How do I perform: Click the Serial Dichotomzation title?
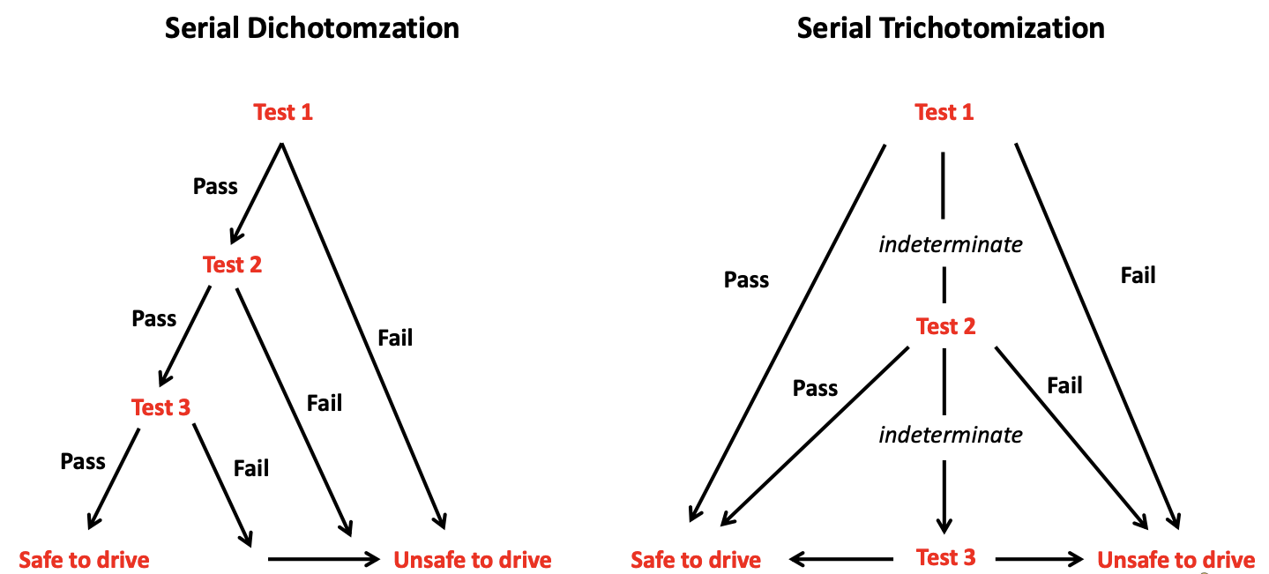(311, 28)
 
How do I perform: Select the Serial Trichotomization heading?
(951, 28)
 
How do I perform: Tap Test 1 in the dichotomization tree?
(283, 112)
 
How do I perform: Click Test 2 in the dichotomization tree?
(232, 265)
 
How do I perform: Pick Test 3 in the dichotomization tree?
(160, 407)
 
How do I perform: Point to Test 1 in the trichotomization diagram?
(944, 112)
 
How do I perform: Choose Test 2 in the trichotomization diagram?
(946, 326)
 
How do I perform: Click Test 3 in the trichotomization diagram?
(946, 557)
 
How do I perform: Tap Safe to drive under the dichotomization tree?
(85, 560)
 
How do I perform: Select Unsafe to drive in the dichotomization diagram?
(473, 560)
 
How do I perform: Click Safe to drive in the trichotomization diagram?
(696, 560)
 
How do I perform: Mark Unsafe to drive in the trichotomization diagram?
(1176, 560)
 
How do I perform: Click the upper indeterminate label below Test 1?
(951, 245)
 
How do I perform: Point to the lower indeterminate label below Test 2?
(951, 436)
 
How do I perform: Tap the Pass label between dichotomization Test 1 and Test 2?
(215, 186)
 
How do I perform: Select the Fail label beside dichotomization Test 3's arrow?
(251, 468)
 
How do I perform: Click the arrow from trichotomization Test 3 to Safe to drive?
(841, 559)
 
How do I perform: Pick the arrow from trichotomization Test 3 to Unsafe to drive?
(1039, 559)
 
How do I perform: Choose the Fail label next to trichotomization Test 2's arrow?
(1064, 386)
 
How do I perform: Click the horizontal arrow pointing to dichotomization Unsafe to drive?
(324, 559)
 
